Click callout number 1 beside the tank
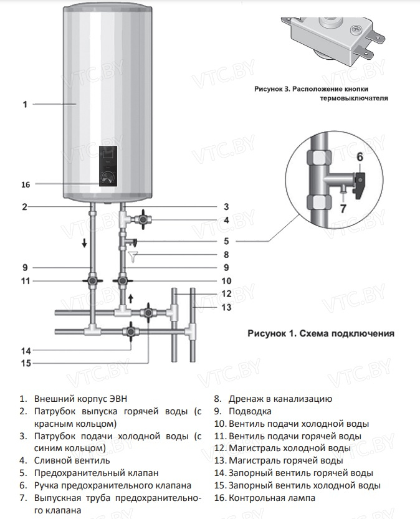(x=25, y=105)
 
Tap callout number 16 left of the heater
(x=26, y=184)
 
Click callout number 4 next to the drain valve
(x=226, y=221)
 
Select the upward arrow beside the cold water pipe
(x=131, y=300)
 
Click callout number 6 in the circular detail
(x=360, y=156)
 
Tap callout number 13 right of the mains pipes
(x=226, y=307)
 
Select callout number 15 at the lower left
(x=26, y=363)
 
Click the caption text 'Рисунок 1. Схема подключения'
(x=320, y=333)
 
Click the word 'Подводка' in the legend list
(x=250, y=411)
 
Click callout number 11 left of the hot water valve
(x=26, y=281)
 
